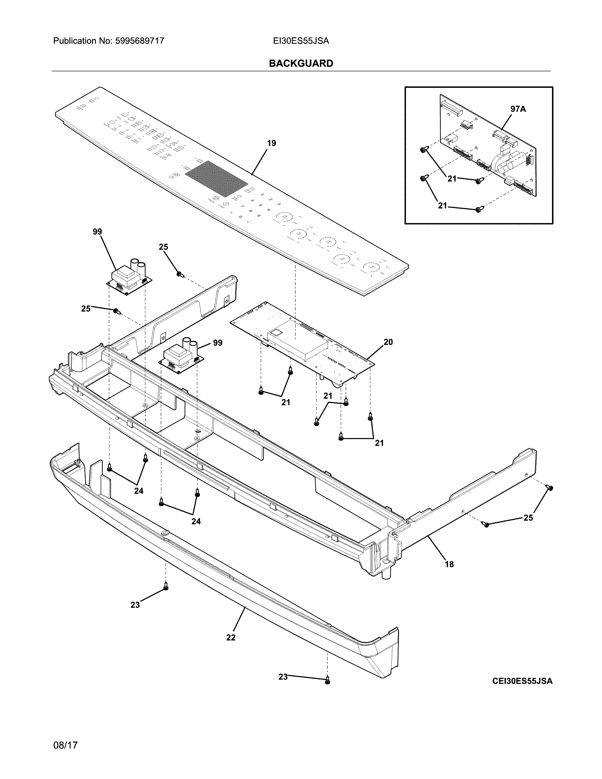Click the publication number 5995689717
click(140, 41)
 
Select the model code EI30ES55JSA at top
click(301, 41)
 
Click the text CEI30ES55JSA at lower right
click(522, 681)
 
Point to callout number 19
click(271, 143)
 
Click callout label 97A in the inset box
click(518, 109)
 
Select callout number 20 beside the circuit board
click(388, 342)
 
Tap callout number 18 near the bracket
click(449, 564)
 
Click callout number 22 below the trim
click(231, 637)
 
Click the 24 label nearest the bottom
click(196, 521)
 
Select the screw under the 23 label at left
click(165, 586)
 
